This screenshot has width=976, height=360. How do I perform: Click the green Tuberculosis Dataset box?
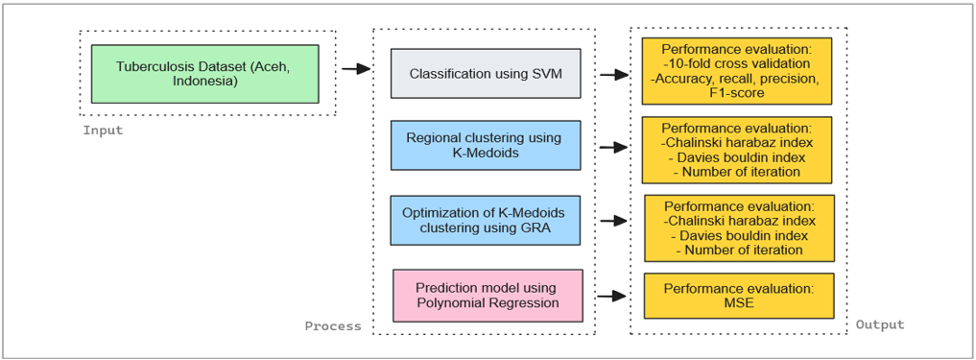click(204, 74)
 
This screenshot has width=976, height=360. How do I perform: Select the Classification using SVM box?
click(486, 74)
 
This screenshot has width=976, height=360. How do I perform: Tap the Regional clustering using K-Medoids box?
click(486, 145)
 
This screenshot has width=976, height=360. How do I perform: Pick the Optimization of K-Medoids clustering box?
click(486, 220)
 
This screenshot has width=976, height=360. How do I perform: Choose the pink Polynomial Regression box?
click(488, 296)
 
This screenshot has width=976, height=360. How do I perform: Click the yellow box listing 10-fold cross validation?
click(737, 70)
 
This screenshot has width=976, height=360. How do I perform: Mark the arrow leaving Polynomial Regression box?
click(612, 296)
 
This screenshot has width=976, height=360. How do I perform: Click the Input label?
click(103, 131)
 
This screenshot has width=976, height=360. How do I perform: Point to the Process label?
click(333, 326)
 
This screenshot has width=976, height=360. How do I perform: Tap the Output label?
click(880, 325)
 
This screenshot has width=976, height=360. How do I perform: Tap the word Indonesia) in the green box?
click(204, 81)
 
